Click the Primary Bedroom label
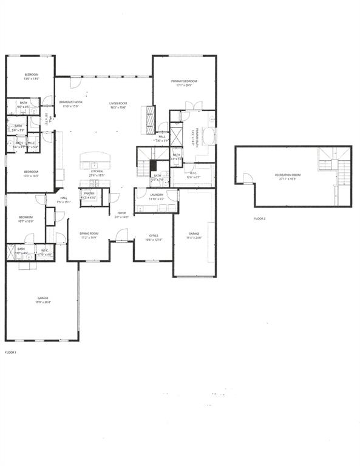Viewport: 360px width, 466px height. click(184, 83)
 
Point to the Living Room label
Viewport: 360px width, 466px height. click(118, 104)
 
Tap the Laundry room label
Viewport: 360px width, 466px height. click(157, 196)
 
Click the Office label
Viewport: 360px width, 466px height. click(154, 237)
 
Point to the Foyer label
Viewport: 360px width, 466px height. click(121, 215)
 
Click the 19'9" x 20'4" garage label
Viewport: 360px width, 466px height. click(42, 300)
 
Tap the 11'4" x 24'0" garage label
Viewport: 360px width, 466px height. click(194, 235)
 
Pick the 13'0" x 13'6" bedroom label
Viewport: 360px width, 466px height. click(31, 76)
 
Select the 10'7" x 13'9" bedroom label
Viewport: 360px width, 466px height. click(25, 220)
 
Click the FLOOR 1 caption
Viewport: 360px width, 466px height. click(11, 352)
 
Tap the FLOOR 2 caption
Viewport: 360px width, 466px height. click(260, 218)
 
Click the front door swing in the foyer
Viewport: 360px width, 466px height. click(121, 235)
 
